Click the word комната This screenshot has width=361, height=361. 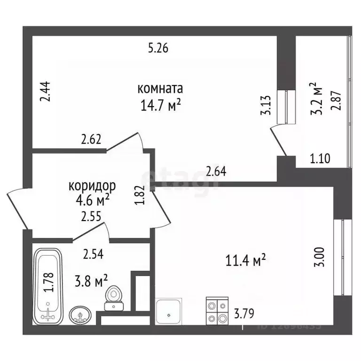(x=160, y=89)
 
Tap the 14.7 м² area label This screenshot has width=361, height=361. (x=160, y=105)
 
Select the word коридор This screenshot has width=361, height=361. (x=92, y=186)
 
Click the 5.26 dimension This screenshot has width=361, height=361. (x=158, y=47)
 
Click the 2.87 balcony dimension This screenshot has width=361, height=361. (x=336, y=98)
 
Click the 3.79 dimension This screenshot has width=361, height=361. (x=244, y=313)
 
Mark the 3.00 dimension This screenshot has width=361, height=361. (x=319, y=257)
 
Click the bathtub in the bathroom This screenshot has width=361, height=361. (x=48, y=286)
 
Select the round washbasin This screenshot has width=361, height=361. (x=81, y=314)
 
